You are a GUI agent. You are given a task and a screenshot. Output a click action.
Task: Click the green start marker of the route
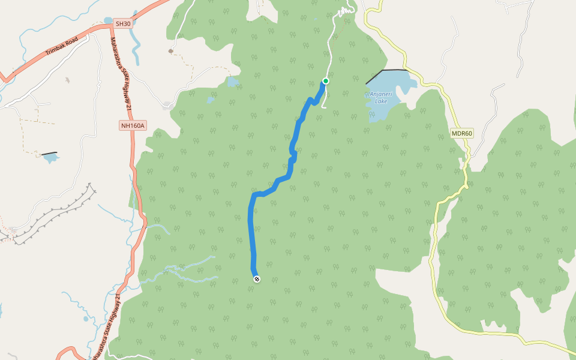(326, 80)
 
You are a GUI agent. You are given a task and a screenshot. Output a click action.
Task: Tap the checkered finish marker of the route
(257, 278)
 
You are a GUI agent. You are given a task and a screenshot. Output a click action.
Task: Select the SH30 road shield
(122, 23)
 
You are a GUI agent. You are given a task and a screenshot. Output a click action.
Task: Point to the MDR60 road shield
(462, 133)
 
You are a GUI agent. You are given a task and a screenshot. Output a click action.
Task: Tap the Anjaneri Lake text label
(381, 98)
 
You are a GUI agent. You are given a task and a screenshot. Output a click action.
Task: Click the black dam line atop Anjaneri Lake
(387, 71)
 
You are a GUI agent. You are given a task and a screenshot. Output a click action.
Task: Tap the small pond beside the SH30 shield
(108, 21)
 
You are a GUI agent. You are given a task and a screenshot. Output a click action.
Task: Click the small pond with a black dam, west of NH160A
(51, 158)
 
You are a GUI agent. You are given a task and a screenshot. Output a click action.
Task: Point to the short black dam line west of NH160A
(49, 154)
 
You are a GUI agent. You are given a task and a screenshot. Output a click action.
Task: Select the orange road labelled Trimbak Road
(36, 64)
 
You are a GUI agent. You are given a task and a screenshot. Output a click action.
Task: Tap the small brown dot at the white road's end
(171, 52)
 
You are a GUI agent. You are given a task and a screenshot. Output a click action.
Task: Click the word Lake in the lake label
(381, 101)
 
